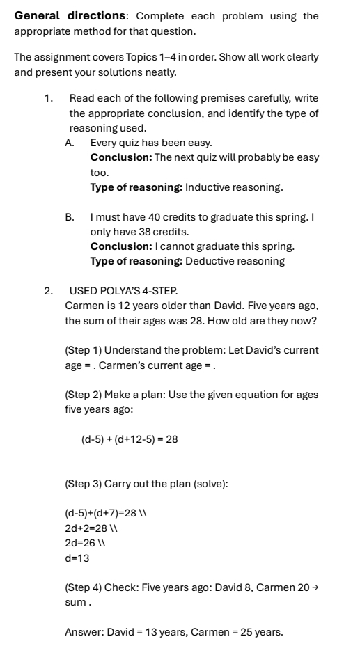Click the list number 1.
(x=48, y=99)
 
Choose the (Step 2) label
(x=84, y=395)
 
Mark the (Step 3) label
(x=84, y=483)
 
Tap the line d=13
(x=77, y=558)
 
